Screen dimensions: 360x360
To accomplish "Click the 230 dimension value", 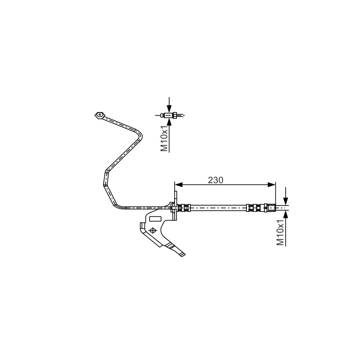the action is (216, 180).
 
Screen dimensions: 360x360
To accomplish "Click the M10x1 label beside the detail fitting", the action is (164, 139).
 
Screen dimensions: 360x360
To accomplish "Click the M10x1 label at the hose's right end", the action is (280, 232).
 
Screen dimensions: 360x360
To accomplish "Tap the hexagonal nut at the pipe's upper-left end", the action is (99, 115).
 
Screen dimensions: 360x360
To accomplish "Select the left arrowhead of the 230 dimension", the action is (178, 184).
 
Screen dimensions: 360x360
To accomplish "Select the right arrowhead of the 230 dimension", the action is (272, 184).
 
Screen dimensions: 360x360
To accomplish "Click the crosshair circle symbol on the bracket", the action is (153, 230).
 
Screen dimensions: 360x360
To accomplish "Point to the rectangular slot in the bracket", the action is (155, 219).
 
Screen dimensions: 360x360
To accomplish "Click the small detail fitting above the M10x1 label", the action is (170, 115).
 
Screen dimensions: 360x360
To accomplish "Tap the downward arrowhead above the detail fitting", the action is (169, 108).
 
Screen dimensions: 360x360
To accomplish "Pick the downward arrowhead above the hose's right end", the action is (286, 201).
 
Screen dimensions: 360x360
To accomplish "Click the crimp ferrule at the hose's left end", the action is (184, 208).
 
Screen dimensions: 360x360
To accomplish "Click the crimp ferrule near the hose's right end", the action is (254, 208).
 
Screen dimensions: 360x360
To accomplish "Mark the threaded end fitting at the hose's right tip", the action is (270, 208).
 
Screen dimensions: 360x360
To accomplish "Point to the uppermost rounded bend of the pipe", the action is (138, 134).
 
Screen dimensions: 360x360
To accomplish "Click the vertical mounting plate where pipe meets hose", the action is (175, 206).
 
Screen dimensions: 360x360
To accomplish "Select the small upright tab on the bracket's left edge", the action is (142, 226).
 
